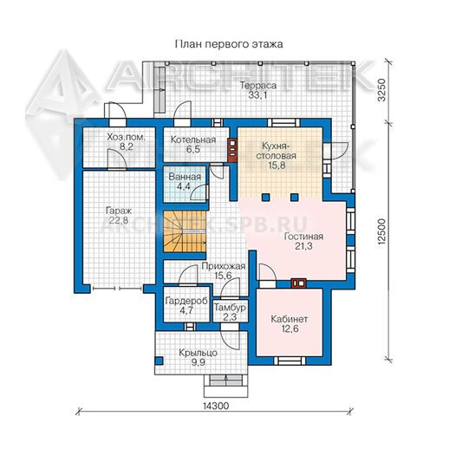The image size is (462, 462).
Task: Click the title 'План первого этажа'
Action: click(229, 44)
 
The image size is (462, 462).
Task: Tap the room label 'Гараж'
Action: click(119, 211)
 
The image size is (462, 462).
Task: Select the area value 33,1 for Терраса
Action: click(257, 95)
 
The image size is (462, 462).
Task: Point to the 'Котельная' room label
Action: click(193, 140)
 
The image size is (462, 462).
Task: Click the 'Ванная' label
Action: click(185, 177)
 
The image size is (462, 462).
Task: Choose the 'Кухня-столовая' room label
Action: click(277, 151)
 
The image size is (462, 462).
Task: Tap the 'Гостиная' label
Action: click(303, 237)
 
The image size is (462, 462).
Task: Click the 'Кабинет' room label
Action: click(289, 319)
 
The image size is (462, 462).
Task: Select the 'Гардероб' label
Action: click(186, 301)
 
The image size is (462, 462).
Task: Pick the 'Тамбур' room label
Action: click(230, 308)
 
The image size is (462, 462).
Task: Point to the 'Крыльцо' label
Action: click(198, 353)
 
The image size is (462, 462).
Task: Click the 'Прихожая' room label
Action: click(224, 266)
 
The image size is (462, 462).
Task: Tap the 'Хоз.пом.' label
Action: click(126, 137)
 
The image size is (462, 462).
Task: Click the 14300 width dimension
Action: click(216, 406)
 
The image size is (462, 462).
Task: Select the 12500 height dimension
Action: click(382, 232)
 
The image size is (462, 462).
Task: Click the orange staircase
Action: click(185, 231)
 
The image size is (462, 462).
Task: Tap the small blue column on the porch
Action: click(159, 361)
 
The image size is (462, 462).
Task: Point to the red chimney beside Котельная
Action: click(233, 150)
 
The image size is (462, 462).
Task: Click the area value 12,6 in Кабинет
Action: click(290, 329)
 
